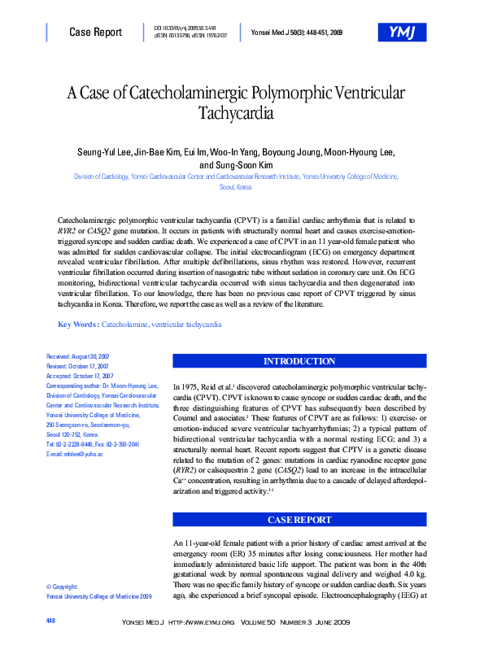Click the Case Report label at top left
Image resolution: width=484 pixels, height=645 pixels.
point(95,33)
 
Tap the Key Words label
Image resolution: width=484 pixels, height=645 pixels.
point(78,325)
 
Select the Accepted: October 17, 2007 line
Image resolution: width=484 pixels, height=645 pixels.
point(79,377)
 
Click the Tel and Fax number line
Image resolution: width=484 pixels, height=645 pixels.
point(93,444)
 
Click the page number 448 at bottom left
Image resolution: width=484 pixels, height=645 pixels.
point(51,621)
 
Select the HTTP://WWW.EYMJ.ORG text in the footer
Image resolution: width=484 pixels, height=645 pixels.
point(201,622)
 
